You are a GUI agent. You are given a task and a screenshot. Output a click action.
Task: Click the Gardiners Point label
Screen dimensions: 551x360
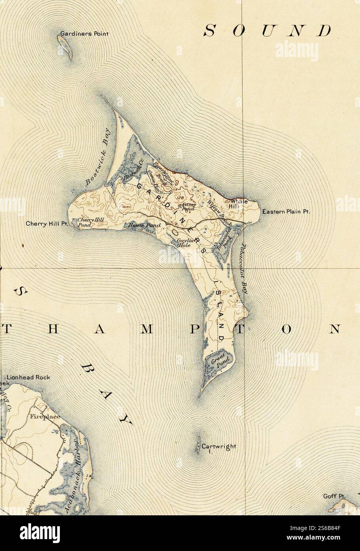pyautogui.click(x=84, y=34)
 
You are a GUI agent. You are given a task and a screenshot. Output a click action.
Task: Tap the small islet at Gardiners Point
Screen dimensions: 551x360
pyautogui.click(x=65, y=47)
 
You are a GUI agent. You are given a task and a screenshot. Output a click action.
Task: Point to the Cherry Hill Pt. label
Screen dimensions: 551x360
pyautogui.click(x=47, y=224)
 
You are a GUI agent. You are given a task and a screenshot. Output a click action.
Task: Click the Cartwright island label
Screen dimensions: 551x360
pyautogui.click(x=218, y=446)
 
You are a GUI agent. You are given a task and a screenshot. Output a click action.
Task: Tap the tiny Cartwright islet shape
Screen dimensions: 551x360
pyautogui.click(x=197, y=446)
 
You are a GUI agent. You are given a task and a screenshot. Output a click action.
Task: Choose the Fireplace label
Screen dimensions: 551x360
pyautogui.click(x=44, y=417)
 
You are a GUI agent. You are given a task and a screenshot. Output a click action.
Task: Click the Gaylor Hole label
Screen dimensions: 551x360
pyautogui.click(x=184, y=243)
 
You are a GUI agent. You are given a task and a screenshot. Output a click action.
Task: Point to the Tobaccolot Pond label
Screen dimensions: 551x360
pyautogui.click(x=224, y=240)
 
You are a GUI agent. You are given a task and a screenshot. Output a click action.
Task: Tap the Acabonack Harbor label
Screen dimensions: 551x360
pyautogui.click(x=74, y=470)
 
